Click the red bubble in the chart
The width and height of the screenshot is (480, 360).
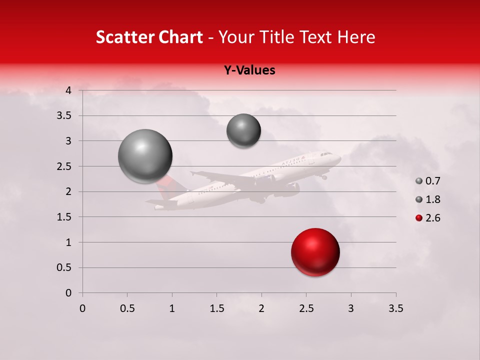pos(315,252)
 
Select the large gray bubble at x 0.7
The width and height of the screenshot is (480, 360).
pos(145,156)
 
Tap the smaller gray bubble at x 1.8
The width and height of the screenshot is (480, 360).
pos(243,131)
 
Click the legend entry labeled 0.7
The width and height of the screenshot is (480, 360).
pos(428,181)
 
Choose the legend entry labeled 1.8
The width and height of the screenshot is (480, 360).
pos(428,199)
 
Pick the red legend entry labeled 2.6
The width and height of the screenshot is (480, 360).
pos(428,218)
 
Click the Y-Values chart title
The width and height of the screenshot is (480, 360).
pos(249,70)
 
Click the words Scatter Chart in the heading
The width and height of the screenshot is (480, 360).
pos(149,37)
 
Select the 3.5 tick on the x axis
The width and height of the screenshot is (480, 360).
pos(395,308)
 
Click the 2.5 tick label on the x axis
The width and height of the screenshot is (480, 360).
pos(306,308)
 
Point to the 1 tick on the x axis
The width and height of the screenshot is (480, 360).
pos(172,308)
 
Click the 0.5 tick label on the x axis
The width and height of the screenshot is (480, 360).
pos(127,308)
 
